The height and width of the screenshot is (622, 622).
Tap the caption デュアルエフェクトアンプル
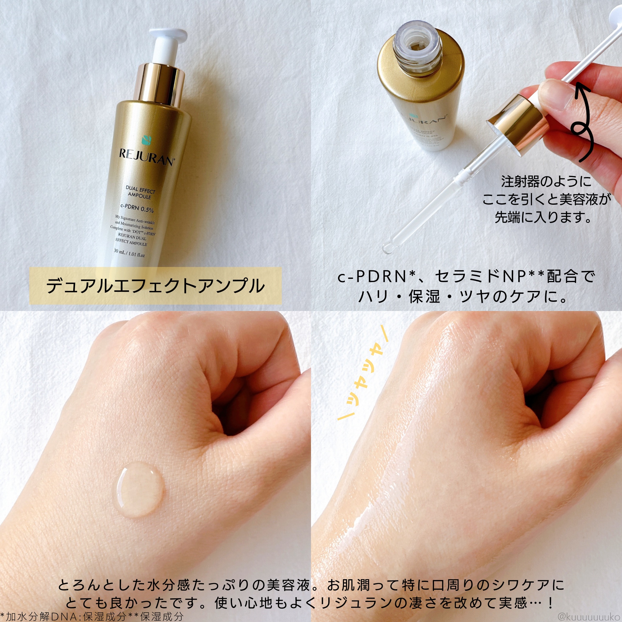(155, 286)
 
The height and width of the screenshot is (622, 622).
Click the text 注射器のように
(546, 182)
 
